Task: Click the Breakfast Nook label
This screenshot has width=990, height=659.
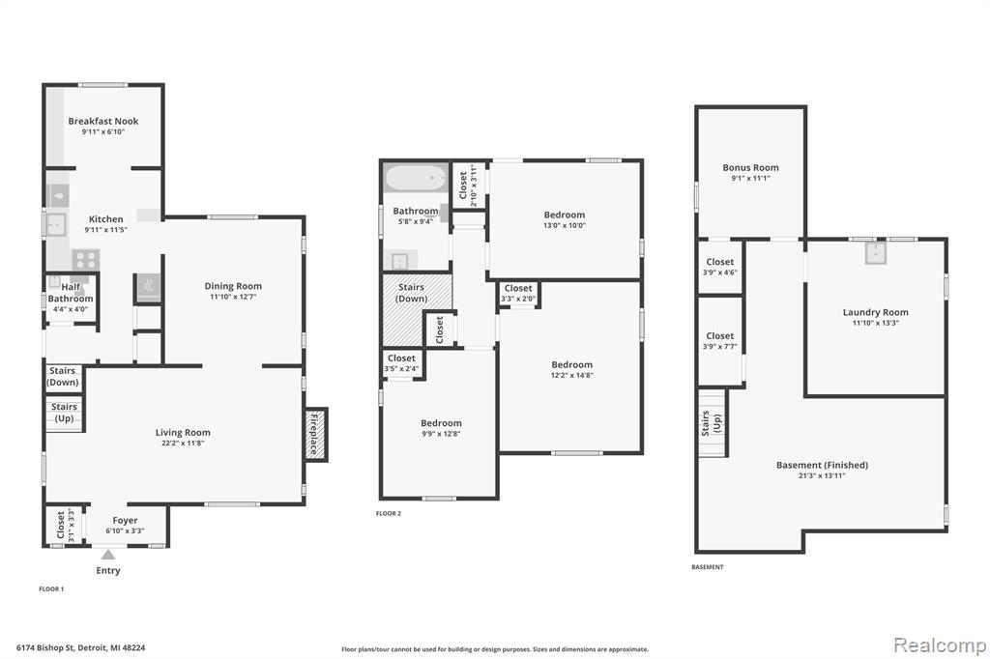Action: [103, 121]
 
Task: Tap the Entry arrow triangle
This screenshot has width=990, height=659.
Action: [108, 555]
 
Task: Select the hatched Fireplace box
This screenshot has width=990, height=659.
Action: [315, 434]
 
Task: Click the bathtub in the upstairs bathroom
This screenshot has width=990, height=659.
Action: [416, 178]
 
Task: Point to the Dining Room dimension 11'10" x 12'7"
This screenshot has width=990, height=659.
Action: [233, 297]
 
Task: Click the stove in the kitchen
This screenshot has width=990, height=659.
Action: [85, 260]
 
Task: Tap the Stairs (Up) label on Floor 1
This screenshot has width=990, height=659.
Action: [64, 413]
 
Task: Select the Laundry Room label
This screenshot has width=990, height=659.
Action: [876, 312]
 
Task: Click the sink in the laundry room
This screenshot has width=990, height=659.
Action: [876, 253]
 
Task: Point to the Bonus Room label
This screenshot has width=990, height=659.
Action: [750, 167]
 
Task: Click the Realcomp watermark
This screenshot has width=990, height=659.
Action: [940, 645]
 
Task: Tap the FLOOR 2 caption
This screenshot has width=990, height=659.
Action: [389, 513]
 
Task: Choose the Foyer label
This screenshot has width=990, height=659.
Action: [125, 520]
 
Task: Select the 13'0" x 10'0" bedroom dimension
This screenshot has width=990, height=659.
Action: [565, 225]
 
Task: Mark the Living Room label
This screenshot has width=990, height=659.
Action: [183, 432]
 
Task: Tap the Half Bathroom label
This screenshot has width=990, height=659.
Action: [71, 293]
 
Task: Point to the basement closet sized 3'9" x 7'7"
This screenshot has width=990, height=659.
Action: [719, 340]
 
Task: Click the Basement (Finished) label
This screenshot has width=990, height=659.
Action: [822, 465]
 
